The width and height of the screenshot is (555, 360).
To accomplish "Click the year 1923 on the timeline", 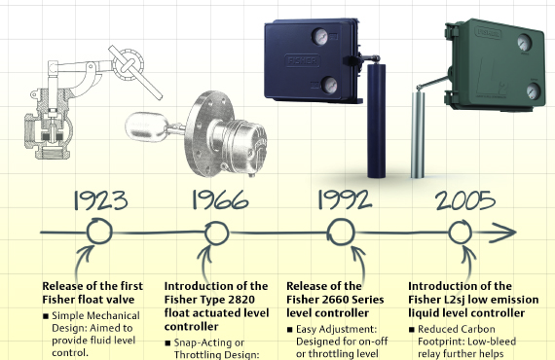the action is pos(100,200).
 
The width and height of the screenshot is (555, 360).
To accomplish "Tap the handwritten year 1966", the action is pos(220,199).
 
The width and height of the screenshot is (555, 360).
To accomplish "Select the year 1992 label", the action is pos(345,199).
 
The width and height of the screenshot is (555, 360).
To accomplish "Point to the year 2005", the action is pos(465,200).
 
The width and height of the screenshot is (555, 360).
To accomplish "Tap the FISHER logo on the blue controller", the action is pos(302,60).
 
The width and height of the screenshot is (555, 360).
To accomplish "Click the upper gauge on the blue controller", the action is pos(320,37).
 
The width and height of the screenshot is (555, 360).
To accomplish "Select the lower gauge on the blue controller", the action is pos(329,85).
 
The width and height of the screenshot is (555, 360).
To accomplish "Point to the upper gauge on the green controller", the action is pos(525,43).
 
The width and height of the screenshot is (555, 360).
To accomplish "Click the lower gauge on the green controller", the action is pos(533,90).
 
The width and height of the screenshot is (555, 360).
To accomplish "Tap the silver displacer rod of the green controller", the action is pos(418,134).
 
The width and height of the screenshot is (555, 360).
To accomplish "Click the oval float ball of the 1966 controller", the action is pos(146,126).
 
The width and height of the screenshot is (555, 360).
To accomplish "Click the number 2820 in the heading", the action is pos(241,300).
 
